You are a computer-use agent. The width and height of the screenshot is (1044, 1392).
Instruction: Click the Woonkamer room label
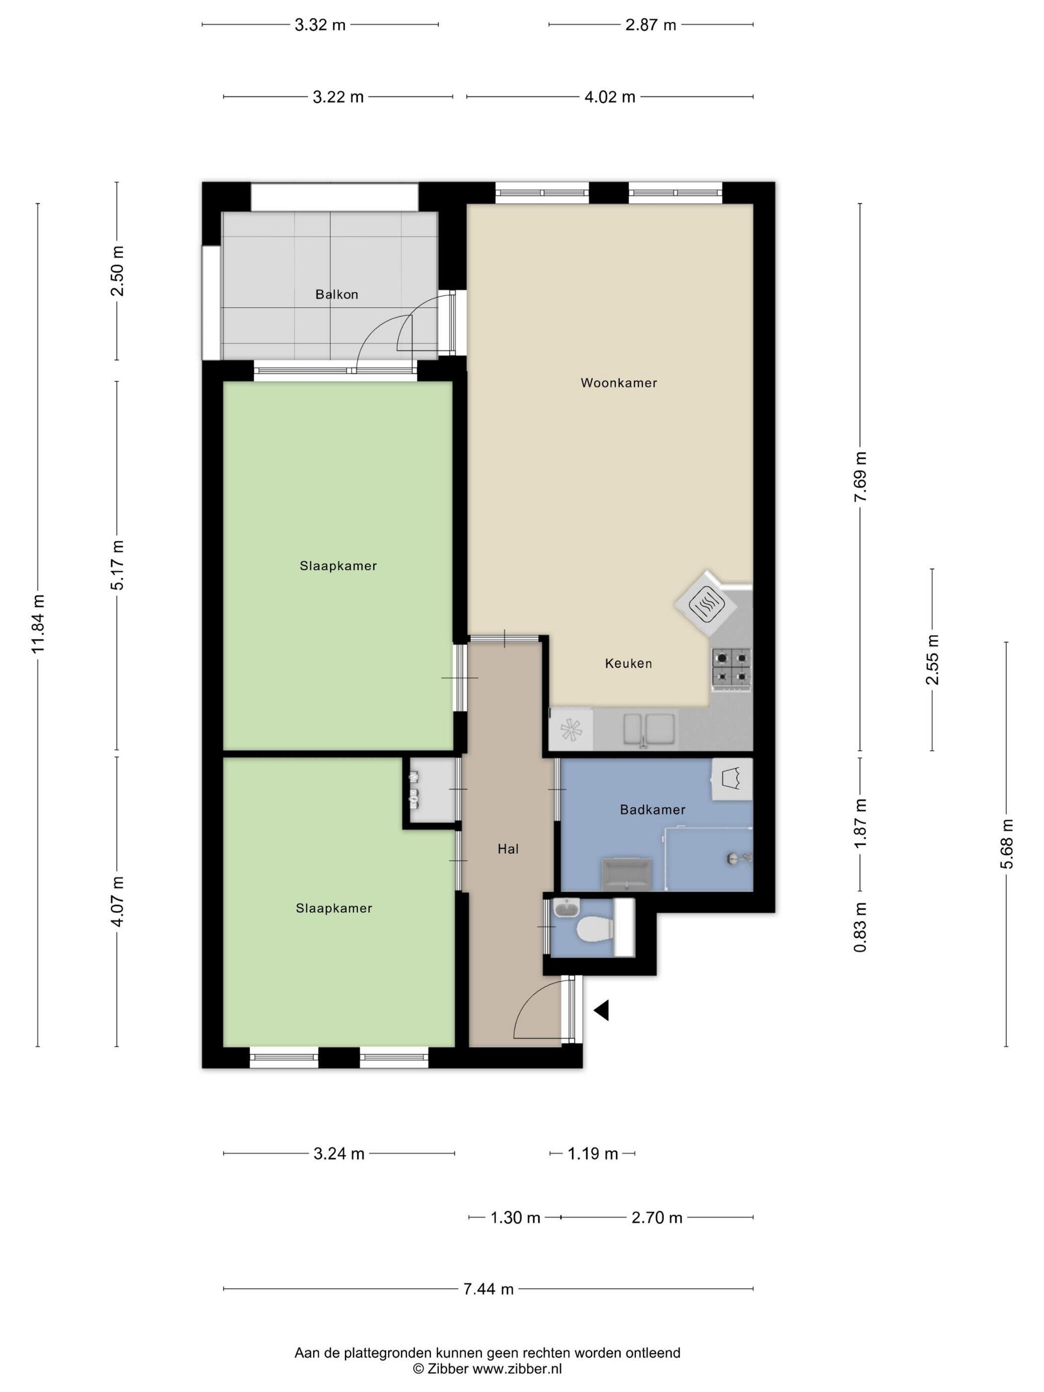[x=618, y=383]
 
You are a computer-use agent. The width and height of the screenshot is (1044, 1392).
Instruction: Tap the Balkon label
[x=337, y=294]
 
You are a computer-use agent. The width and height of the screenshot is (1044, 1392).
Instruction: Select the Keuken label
[x=628, y=663]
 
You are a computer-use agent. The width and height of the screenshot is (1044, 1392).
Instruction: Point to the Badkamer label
[x=653, y=809]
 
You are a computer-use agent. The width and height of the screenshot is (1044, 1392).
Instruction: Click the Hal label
[x=508, y=849]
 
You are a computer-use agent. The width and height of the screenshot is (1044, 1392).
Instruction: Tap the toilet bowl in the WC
[x=595, y=929]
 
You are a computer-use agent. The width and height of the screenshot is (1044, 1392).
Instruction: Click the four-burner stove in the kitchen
[x=731, y=668]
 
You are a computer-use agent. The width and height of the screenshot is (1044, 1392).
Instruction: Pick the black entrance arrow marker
[x=602, y=1011]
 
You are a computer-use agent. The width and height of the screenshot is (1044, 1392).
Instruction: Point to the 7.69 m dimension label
[x=860, y=476]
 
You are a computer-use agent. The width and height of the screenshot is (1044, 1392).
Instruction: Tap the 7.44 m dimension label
[x=488, y=1289]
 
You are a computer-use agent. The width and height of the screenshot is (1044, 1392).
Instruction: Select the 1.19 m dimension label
[x=593, y=1153]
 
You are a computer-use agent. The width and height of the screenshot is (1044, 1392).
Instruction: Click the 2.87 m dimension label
[x=651, y=24]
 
